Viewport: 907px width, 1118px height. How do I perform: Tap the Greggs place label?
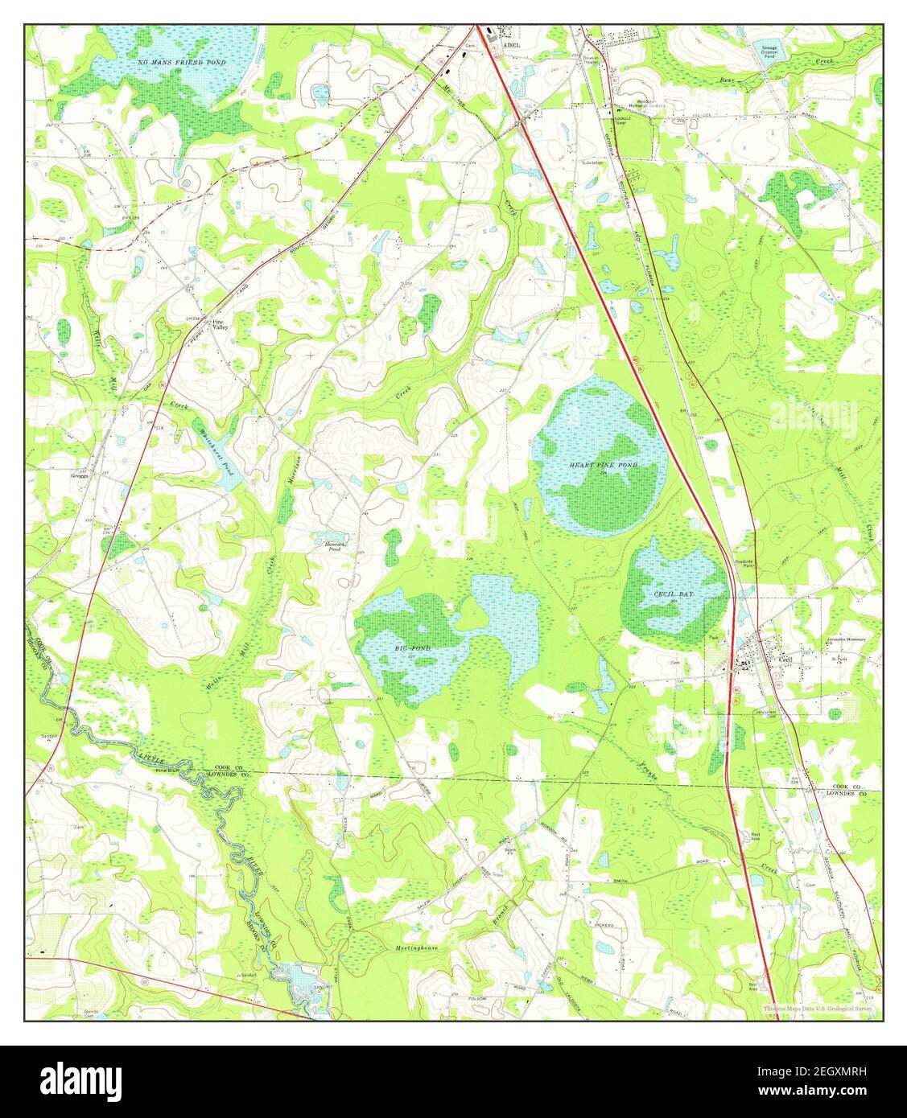coord(79,475)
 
